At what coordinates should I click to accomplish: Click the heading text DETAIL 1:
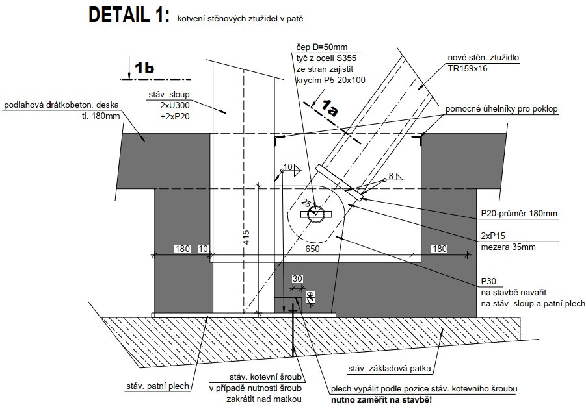(129, 16)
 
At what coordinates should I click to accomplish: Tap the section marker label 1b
(144, 67)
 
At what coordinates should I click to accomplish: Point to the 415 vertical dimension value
(246, 240)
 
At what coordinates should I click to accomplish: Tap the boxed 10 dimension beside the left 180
(203, 249)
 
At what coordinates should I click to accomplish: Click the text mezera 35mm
(505, 246)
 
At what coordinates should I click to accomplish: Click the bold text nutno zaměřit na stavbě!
(381, 399)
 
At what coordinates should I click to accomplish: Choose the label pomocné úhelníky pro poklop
(501, 108)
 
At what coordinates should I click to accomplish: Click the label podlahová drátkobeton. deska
(63, 106)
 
